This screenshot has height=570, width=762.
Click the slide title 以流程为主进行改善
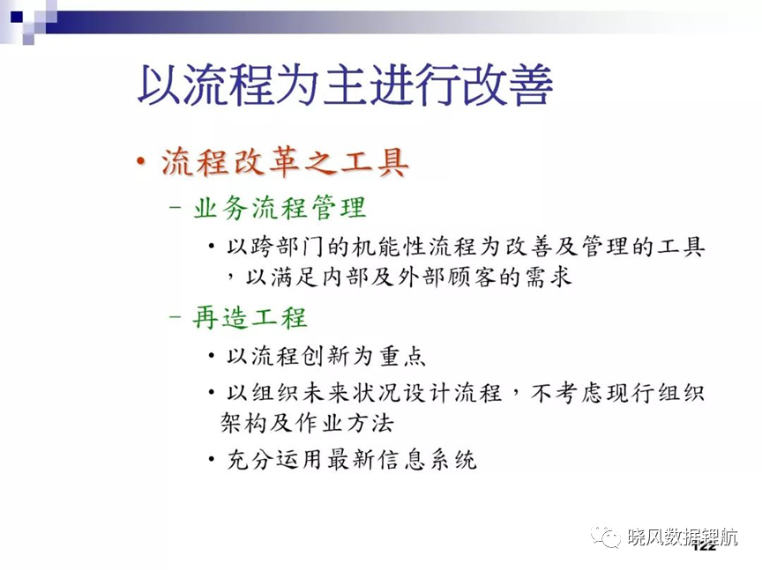point(345,84)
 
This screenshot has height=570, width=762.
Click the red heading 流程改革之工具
point(285,162)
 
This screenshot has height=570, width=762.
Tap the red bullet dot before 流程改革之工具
point(141,160)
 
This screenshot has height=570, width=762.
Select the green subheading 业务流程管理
point(279,208)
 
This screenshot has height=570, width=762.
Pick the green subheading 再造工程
point(250,318)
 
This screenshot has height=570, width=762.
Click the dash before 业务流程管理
point(175,207)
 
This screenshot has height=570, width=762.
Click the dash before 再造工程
point(175,317)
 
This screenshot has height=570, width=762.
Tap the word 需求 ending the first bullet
point(548,278)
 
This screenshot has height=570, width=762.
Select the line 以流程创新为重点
point(326,356)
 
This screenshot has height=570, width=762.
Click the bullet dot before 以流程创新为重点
point(212,356)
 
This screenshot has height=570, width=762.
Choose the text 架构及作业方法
point(307,423)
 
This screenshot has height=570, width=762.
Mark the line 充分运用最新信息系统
point(352,459)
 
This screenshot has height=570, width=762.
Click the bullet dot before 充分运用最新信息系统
point(212,459)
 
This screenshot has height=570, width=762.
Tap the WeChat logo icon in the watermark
point(606,537)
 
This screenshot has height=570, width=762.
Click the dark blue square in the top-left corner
point(17,17)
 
